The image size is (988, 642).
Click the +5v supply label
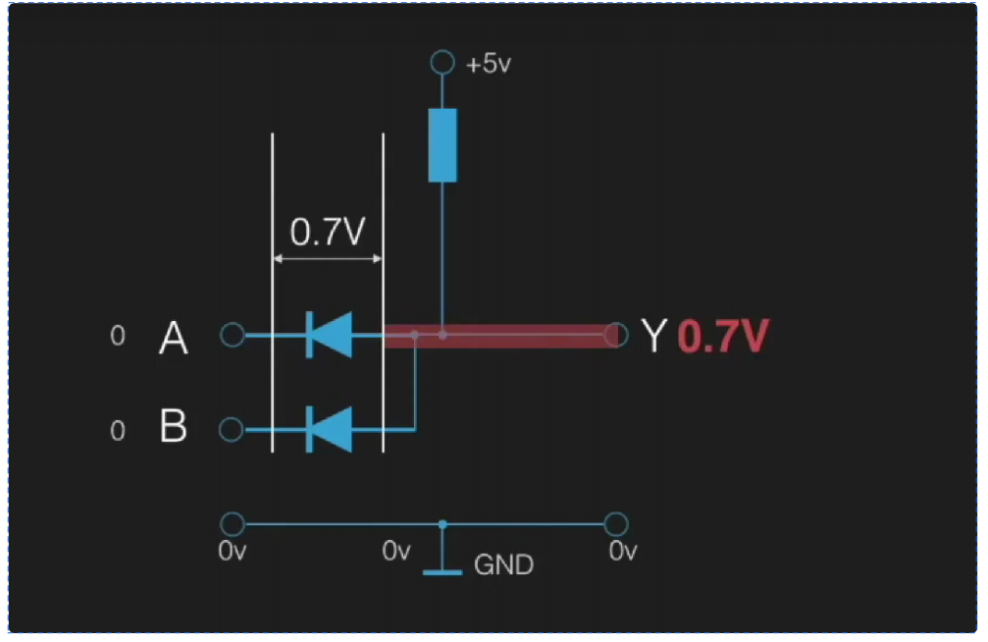point(490,66)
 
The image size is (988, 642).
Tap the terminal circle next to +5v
point(442,64)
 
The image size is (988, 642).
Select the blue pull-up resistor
point(442,145)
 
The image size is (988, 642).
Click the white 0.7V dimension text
point(328,232)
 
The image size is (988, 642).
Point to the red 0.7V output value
point(722,337)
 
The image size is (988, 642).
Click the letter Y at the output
point(654,337)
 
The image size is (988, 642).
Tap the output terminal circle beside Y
point(616,335)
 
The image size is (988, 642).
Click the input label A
point(174,339)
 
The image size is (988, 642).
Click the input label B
point(174,428)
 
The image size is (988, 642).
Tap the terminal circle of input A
point(233,336)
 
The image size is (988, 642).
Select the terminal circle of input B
point(233,429)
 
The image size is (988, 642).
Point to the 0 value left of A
point(118,337)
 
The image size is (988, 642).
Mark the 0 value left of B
point(118,431)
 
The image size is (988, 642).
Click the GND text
point(503,565)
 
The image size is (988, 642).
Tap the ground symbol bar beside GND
point(442,570)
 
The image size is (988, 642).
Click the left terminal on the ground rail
point(233,523)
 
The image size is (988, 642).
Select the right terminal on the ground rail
point(616,523)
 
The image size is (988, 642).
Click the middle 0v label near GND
point(396,552)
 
